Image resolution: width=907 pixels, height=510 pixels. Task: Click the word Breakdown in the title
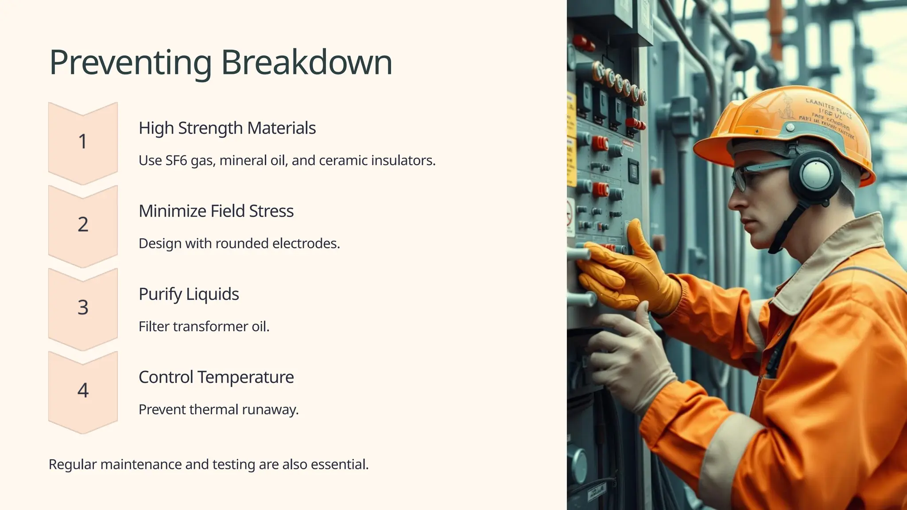(x=306, y=62)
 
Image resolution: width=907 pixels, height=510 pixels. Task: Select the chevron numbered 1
(x=83, y=142)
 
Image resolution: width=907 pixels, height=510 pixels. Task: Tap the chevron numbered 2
(x=83, y=224)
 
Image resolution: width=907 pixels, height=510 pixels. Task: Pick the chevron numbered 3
(x=83, y=307)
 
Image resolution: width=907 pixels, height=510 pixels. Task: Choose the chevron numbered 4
(x=83, y=390)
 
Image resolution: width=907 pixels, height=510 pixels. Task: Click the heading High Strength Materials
(x=227, y=128)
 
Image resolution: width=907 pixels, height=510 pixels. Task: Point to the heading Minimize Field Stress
(x=216, y=211)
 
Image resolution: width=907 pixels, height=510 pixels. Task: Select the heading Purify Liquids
(x=189, y=294)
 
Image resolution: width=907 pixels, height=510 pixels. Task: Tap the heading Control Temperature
(x=216, y=377)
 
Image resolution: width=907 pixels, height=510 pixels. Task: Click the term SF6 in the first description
(x=176, y=160)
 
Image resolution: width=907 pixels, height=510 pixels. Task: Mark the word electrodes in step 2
(x=306, y=243)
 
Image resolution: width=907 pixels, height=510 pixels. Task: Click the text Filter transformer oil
(x=204, y=326)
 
